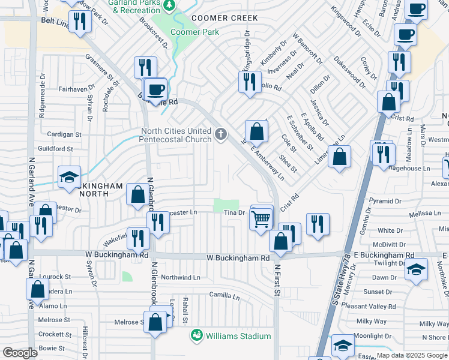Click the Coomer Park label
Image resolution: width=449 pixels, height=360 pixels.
(195, 32)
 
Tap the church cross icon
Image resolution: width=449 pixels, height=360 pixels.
(221, 133)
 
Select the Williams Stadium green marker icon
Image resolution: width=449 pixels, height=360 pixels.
(196, 335)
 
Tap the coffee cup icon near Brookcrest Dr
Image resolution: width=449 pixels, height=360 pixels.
(156, 90)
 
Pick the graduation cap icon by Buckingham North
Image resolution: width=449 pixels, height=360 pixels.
(70, 177)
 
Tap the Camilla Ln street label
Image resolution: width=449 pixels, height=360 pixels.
(224, 295)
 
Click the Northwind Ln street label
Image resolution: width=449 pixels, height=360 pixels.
(180, 277)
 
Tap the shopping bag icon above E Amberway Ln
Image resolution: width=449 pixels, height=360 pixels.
(256, 130)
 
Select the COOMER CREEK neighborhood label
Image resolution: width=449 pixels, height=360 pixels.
(220, 18)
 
